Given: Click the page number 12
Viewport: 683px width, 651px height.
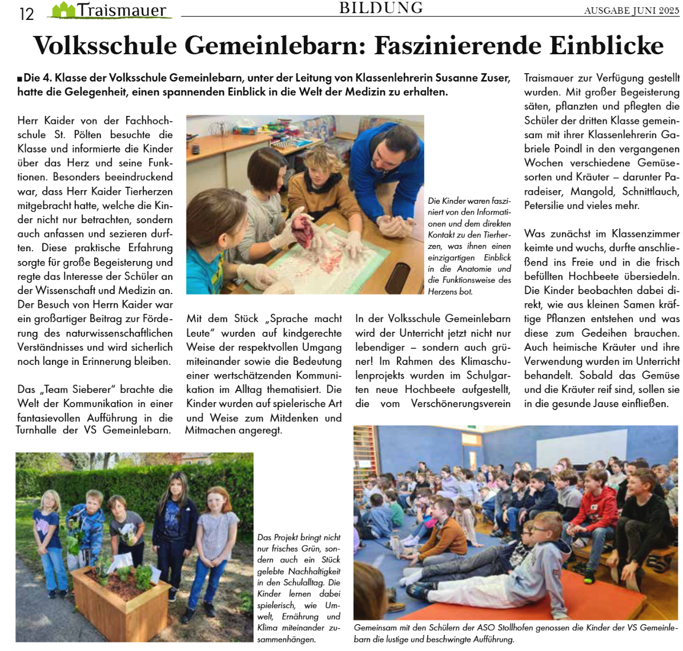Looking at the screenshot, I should click(26, 13).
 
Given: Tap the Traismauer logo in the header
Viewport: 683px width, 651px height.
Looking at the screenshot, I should click(111, 10).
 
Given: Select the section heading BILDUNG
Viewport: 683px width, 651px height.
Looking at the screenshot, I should click(381, 8).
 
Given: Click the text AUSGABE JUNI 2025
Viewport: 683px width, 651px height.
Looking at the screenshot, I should click(631, 10).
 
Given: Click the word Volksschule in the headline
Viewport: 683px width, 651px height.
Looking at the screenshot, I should click(106, 46).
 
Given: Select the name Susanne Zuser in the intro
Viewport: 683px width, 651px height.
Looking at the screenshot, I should click(472, 78).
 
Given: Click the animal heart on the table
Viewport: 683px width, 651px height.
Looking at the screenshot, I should click(304, 228).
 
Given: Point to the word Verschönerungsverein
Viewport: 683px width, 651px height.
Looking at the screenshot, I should click(461, 404).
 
